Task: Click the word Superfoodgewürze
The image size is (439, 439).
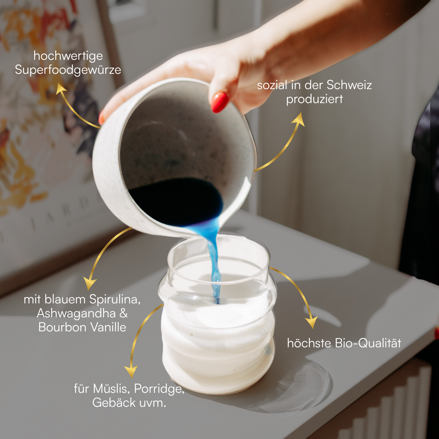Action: tap(68, 70)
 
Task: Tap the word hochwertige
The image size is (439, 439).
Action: tap(68, 56)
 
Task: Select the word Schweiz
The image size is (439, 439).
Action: tap(349, 85)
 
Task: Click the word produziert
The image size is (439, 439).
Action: tap(314, 99)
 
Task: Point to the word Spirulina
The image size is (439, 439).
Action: tap(114, 299)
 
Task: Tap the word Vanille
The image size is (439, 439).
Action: tap(108, 327)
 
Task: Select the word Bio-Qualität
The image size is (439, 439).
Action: tap(368, 343)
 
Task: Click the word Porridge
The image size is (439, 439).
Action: tap(159, 389)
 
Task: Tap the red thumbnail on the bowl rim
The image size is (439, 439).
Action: tap(220, 102)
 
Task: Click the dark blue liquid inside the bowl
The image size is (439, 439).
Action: tap(175, 201)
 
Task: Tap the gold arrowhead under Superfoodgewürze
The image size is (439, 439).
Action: tap(60, 88)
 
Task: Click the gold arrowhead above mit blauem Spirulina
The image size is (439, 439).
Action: tap(90, 283)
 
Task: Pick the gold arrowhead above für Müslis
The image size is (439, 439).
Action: tap(131, 372)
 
